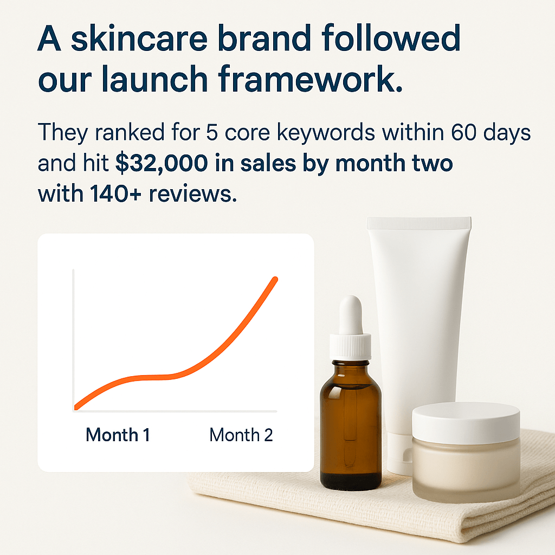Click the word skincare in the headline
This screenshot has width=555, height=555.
coord(139,38)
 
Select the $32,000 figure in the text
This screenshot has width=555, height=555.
coord(162,163)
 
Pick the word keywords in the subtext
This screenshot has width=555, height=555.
coord(326,132)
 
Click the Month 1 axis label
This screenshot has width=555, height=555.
coord(118,435)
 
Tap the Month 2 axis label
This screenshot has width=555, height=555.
coord(241,435)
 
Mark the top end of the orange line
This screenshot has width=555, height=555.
coord(275,279)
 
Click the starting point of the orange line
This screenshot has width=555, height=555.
coord(76,408)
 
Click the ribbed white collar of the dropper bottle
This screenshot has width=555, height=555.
coord(351,346)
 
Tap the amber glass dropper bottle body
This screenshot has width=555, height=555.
coord(351,425)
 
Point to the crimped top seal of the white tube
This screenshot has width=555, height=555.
coord(419,223)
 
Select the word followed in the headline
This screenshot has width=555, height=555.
coord(391,38)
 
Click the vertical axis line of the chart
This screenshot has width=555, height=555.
coord(73,340)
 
